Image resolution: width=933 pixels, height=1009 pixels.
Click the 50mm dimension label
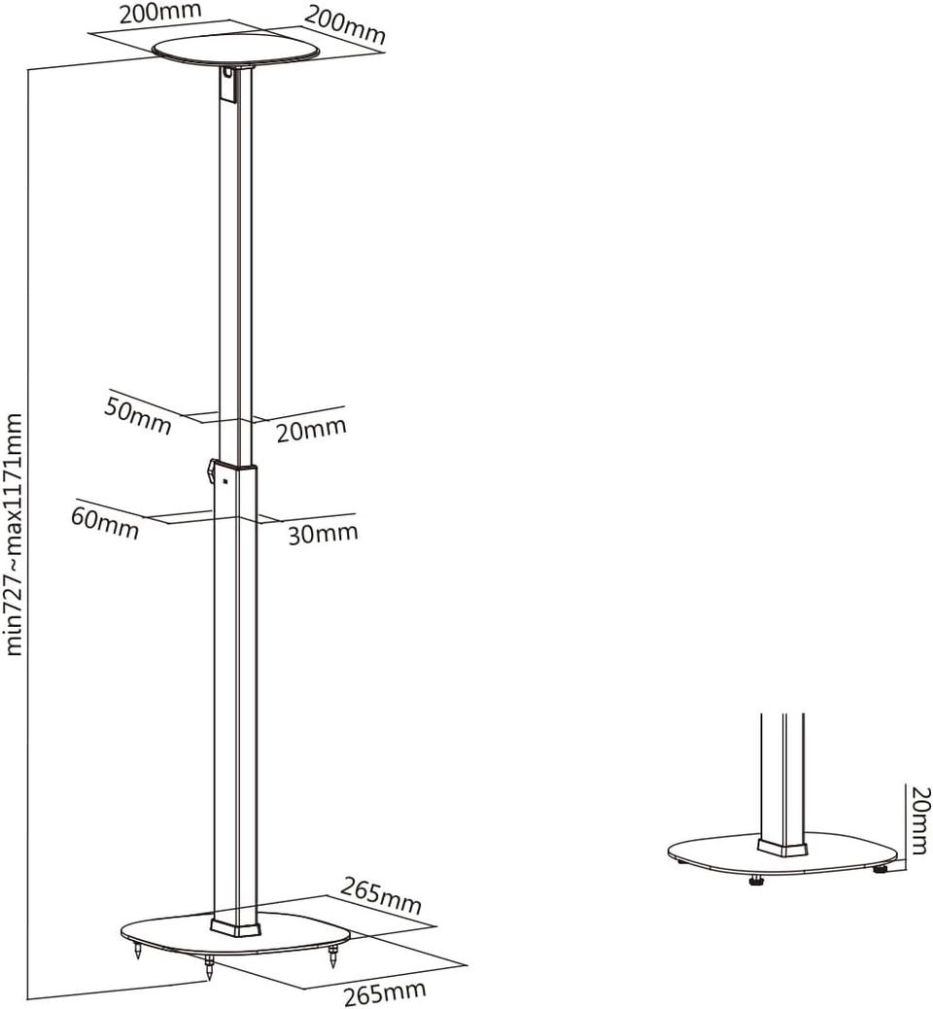(x=138, y=415)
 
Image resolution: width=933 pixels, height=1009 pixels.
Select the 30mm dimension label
(x=323, y=534)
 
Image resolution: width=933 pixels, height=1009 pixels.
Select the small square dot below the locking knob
(x=225, y=480)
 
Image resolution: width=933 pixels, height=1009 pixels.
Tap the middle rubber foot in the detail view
(x=755, y=880)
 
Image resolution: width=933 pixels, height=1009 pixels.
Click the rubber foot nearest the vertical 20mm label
(x=879, y=869)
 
